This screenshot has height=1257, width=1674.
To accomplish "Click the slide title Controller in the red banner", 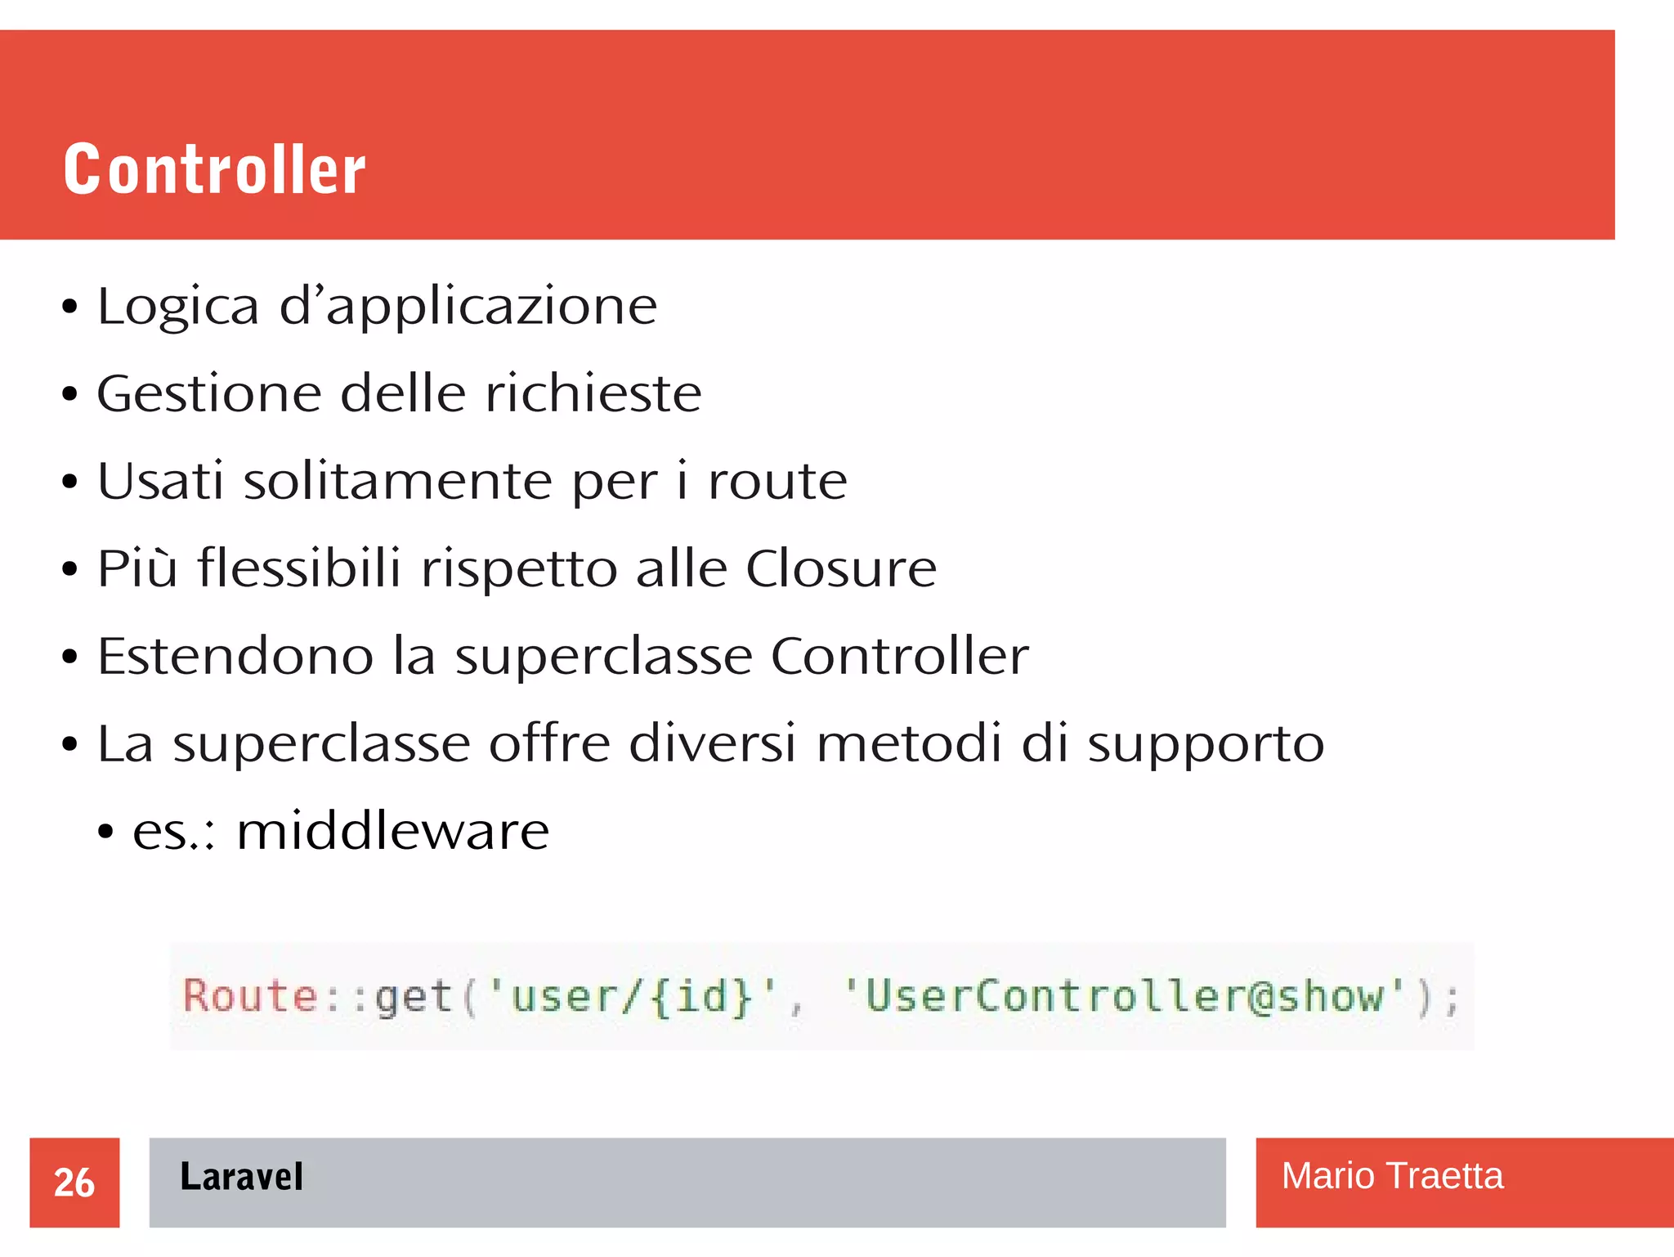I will tap(214, 169).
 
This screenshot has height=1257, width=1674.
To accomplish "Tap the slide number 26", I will tap(74, 1183).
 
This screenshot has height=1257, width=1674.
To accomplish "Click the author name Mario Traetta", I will tap(1392, 1176).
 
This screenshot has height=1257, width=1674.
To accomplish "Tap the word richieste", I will tap(593, 394).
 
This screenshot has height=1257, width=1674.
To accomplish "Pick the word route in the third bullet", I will tap(777, 482).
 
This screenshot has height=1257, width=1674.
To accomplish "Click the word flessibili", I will tap(299, 568).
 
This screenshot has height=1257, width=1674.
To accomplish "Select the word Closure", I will tap(841, 568).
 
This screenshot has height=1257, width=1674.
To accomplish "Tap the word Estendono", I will tap(235, 656).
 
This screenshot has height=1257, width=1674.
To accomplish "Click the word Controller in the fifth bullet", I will tap(899, 656).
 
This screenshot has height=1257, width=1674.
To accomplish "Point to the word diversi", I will tap(712, 743).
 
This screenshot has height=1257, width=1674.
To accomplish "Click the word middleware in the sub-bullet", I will tap(392, 831).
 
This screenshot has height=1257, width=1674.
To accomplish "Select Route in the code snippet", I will tap(250, 996).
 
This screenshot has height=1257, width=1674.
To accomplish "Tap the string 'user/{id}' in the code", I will tap(631, 997).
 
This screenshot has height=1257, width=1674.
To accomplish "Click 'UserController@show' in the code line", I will tap(1125, 997).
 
